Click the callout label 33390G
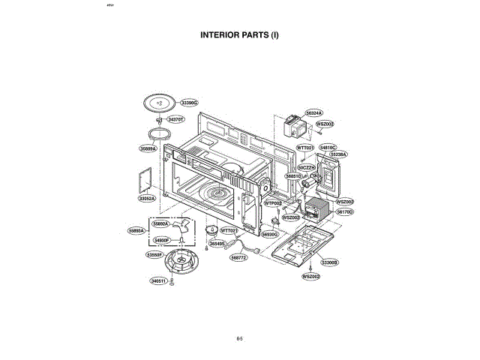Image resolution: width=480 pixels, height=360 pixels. tap(189, 102)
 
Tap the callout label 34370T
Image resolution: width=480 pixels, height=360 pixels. tap(176, 119)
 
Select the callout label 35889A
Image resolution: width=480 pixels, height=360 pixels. tap(148, 148)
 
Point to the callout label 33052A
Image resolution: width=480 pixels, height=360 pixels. tap(146, 198)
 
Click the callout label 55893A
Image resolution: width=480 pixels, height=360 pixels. tap(136, 230)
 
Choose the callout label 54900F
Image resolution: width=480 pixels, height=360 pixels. tap(163, 240)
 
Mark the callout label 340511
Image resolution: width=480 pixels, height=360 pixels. tap(158, 280)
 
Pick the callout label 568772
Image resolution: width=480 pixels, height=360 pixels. tap(239, 256)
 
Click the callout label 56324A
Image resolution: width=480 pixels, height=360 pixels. tap(313, 112)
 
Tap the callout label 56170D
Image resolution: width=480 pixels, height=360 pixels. tap(344, 212)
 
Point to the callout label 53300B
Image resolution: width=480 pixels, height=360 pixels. tap(330, 262)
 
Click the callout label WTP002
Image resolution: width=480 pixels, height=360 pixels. tap(272, 203)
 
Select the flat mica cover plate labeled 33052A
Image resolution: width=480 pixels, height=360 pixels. tap(144, 180)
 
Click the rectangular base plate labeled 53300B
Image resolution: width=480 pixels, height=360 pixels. tap(294, 247)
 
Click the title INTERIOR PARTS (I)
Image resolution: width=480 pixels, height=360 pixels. tap(240, 34)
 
